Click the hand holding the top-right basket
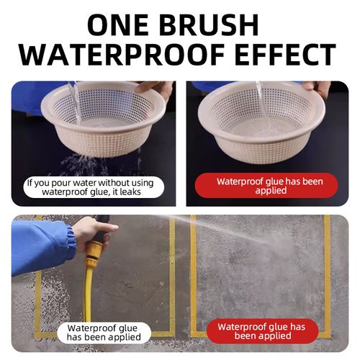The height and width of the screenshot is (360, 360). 318,87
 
